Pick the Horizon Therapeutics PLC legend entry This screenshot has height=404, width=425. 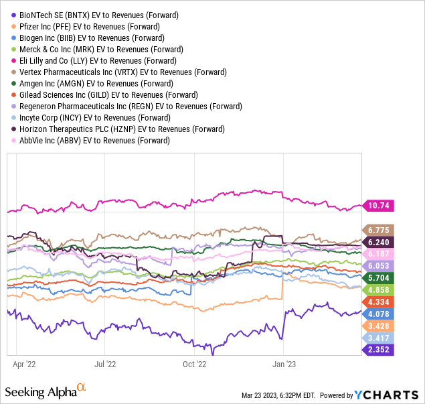121,129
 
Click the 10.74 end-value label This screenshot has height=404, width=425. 378,206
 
